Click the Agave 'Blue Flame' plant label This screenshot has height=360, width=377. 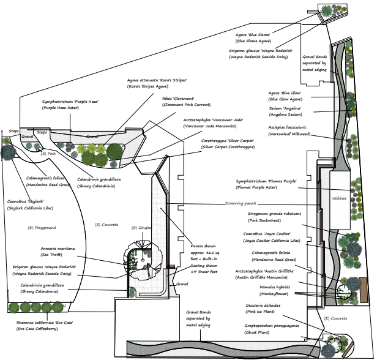tap(253, 35)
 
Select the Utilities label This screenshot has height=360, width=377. tap(339, 198)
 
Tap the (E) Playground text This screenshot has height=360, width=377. tap(42, 228)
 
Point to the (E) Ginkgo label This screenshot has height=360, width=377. tap(142, 228)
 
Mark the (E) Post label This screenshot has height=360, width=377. tap(48, 153)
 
